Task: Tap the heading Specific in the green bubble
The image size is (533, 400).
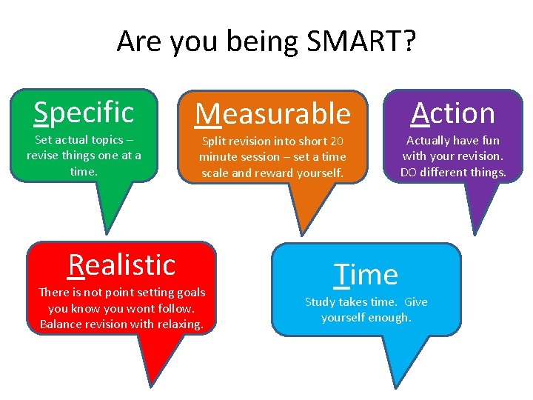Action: click(84, 112)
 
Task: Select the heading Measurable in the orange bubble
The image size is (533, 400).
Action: click(272, 113)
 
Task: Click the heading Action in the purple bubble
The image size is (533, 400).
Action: click(453, 113)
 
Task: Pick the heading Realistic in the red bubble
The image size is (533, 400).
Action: click(121, 264)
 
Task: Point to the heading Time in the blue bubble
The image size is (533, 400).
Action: click(366, 274)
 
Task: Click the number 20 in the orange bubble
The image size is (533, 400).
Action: click(337, 141)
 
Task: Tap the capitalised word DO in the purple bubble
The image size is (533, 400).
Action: click(408, 173)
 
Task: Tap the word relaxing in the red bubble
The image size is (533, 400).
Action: click(178, 324)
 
